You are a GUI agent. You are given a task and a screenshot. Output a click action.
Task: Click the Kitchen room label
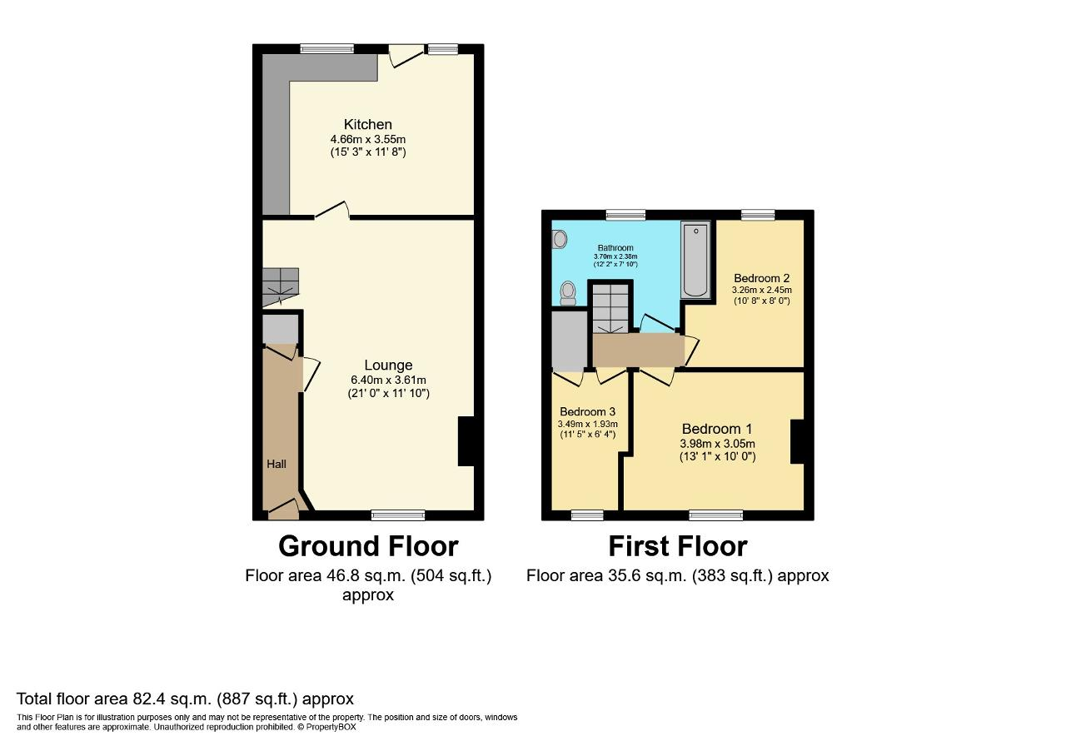367,125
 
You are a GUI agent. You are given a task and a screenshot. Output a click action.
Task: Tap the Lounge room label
388,366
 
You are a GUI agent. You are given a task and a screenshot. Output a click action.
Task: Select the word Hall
276,464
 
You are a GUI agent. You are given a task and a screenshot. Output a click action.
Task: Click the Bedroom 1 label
717,430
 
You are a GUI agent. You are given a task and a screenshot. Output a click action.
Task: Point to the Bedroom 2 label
761,278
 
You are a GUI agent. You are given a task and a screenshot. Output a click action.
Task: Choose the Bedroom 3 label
587,412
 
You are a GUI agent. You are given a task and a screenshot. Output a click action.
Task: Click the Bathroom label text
615,248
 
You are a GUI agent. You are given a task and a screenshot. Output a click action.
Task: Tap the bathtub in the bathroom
695,260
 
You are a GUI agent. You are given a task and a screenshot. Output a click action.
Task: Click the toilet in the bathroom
568,292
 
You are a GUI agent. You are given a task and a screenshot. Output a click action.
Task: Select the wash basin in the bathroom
559,240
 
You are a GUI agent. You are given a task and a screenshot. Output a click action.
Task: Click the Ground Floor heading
367,546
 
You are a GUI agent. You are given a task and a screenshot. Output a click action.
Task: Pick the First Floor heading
677,546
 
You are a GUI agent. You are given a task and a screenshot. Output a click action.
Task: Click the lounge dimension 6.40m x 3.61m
388,380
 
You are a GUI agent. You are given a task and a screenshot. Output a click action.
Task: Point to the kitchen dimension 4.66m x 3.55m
367,140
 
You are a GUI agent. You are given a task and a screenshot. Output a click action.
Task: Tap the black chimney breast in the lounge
466,440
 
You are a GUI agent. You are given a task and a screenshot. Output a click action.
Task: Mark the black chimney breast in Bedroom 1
796,441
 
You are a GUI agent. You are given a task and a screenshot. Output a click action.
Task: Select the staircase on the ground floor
280,286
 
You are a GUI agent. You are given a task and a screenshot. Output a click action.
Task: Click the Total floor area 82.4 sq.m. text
185,699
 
